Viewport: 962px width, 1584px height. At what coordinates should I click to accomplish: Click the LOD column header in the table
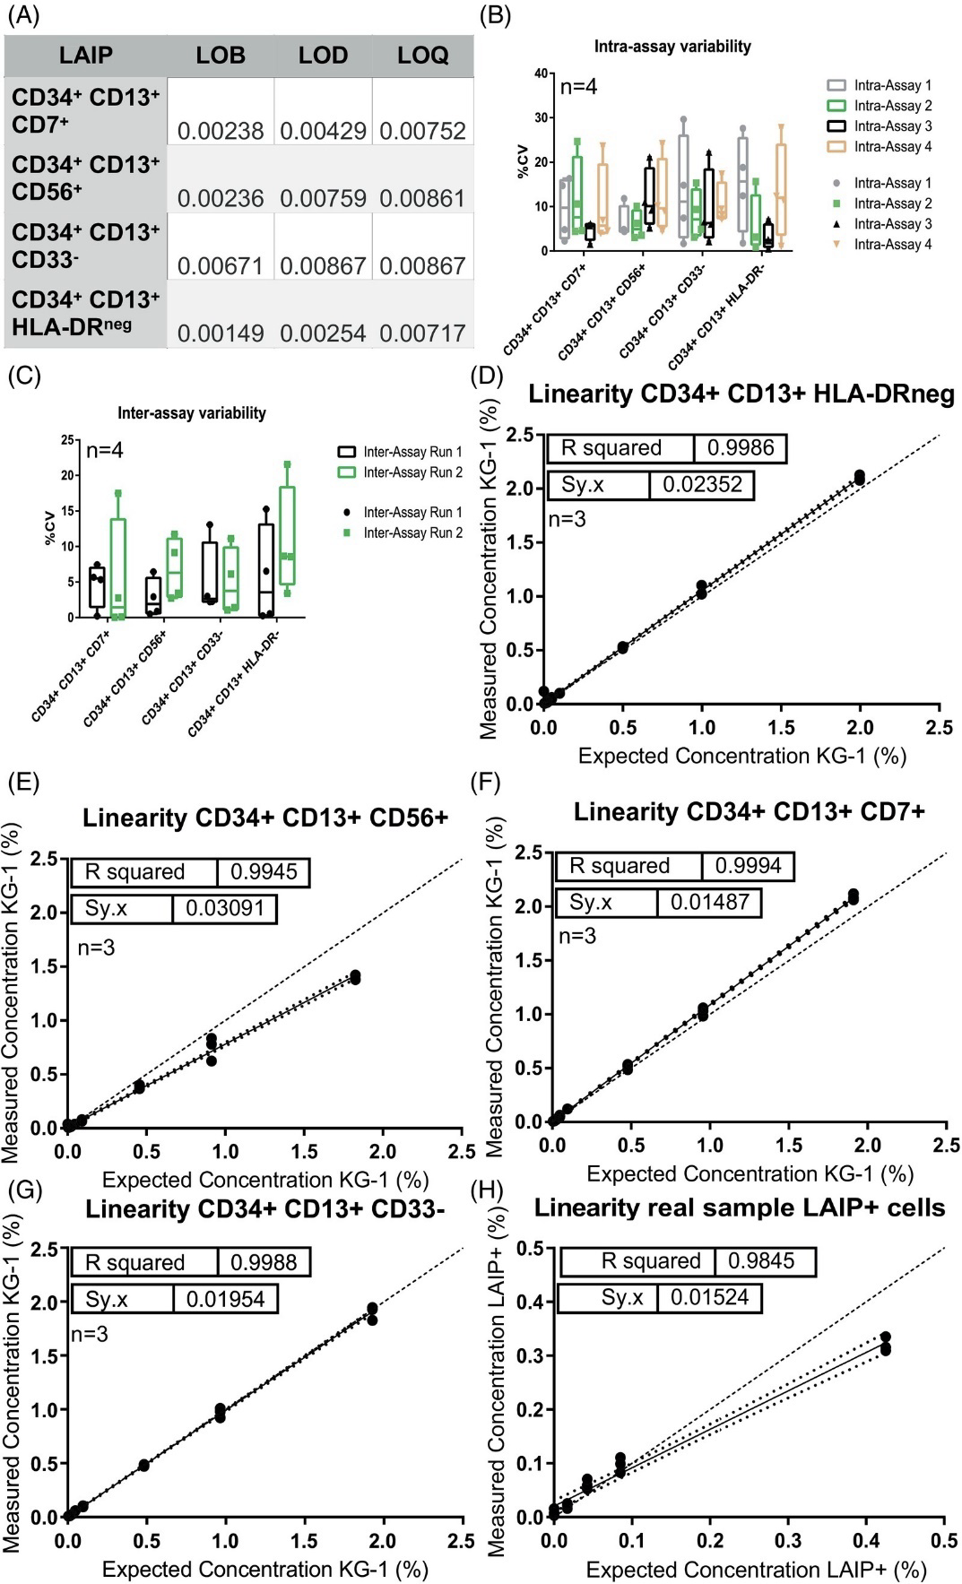point(323,56)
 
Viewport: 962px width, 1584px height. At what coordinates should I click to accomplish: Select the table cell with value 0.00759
point(323,198)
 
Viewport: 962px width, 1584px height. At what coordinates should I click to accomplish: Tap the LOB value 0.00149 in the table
point(221,333)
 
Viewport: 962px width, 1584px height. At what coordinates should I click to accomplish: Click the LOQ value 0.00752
point(422,131)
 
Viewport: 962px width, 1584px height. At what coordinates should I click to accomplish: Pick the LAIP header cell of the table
point(86,56)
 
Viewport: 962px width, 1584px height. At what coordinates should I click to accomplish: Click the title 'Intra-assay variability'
point(672,47)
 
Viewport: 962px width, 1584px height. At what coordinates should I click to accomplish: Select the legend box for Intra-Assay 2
point(836,106)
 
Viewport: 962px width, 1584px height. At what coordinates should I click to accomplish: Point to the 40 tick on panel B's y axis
point(542,73)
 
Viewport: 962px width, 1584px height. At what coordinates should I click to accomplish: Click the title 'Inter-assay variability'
point(192,413)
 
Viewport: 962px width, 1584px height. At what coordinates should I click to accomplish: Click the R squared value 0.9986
point(741,448)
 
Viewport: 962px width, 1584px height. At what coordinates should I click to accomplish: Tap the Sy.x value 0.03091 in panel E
point(225,908)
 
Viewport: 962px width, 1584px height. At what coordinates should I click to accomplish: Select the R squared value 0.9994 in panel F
point(748,866)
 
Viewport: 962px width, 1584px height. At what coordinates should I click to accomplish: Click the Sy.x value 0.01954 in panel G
point(225,1299)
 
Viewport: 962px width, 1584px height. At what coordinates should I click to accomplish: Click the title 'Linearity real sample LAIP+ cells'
point(740,1208)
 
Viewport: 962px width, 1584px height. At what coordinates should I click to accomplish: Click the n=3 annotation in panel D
point(567,519)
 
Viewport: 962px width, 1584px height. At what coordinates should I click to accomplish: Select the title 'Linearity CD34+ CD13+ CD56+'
point(265,818)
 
